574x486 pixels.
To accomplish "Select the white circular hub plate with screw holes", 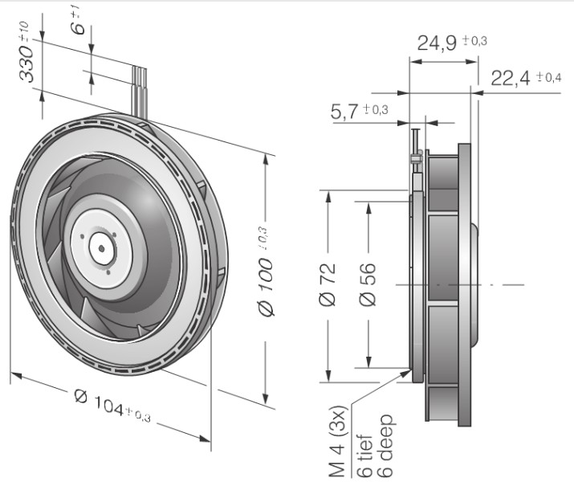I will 101,245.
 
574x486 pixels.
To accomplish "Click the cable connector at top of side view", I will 417,156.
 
